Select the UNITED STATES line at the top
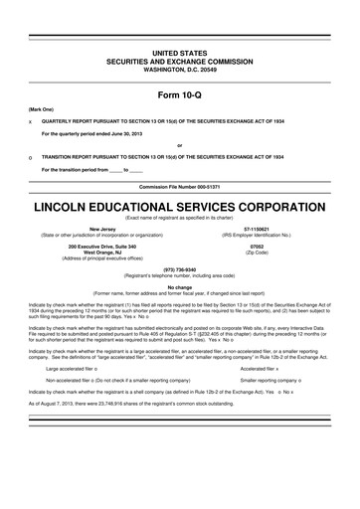tap(179, 50)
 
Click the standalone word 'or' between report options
tap(180, 144)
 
